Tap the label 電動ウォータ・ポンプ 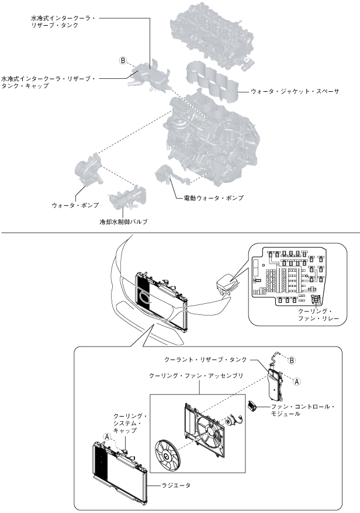tap(210, 197)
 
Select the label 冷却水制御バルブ tap(123, 222)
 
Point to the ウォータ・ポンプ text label tap(75, 205)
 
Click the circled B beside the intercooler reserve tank tap(123, 60)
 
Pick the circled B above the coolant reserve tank tap(293, 359)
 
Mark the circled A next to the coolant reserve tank tap(296, 380)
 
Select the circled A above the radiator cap tap(107, 436)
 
